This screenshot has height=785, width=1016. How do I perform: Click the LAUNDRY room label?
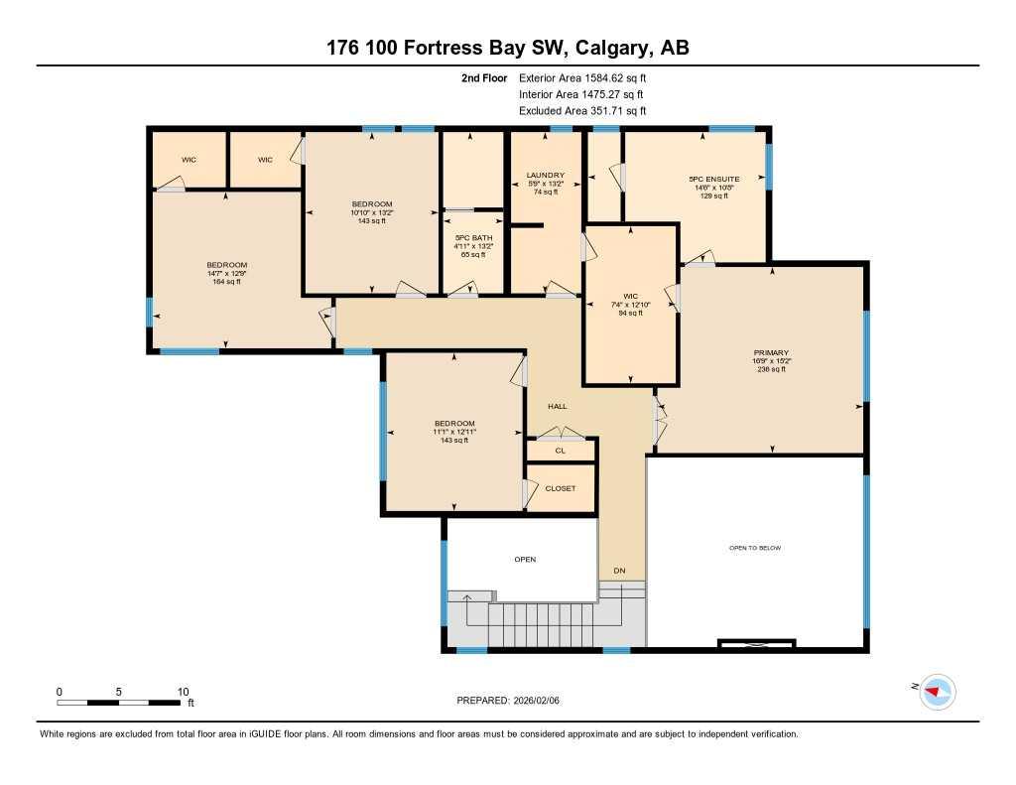click(x=545, y=176)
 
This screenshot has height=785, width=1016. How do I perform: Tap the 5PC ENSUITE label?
click(x=710, y=180)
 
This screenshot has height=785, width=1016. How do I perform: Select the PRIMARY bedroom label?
click(x=770, y=352)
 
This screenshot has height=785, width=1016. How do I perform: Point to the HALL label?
click(x=558, y=406)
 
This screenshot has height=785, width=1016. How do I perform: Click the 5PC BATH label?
click(x=473, y=238)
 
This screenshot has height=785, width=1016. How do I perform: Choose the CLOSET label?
click(x=561, y=488)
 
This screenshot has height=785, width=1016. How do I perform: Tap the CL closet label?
click(x=561, y=451)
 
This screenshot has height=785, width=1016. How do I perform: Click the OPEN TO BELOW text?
click(x=756, y=548)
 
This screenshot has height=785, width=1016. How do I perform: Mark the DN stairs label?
click(x=619, y=571)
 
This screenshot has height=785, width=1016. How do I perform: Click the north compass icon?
click(x=937, y=691)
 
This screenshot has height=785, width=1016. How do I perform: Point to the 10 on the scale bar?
click(x=183, y=691)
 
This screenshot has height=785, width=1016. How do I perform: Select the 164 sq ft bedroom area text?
click(x=227, y=282)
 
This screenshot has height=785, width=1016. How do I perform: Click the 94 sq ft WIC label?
click(x=630, y=313)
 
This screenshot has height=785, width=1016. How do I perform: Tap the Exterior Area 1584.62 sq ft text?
click(x=589, y=77)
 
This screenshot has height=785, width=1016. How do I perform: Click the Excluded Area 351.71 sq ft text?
click(x=589, y=111)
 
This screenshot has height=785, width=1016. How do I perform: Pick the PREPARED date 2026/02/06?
click(x=542, y=701)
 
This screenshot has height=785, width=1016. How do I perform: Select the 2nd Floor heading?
click(x=484, y=77)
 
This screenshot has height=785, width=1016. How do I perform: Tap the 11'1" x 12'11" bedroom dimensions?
click(x=453, y=432)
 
